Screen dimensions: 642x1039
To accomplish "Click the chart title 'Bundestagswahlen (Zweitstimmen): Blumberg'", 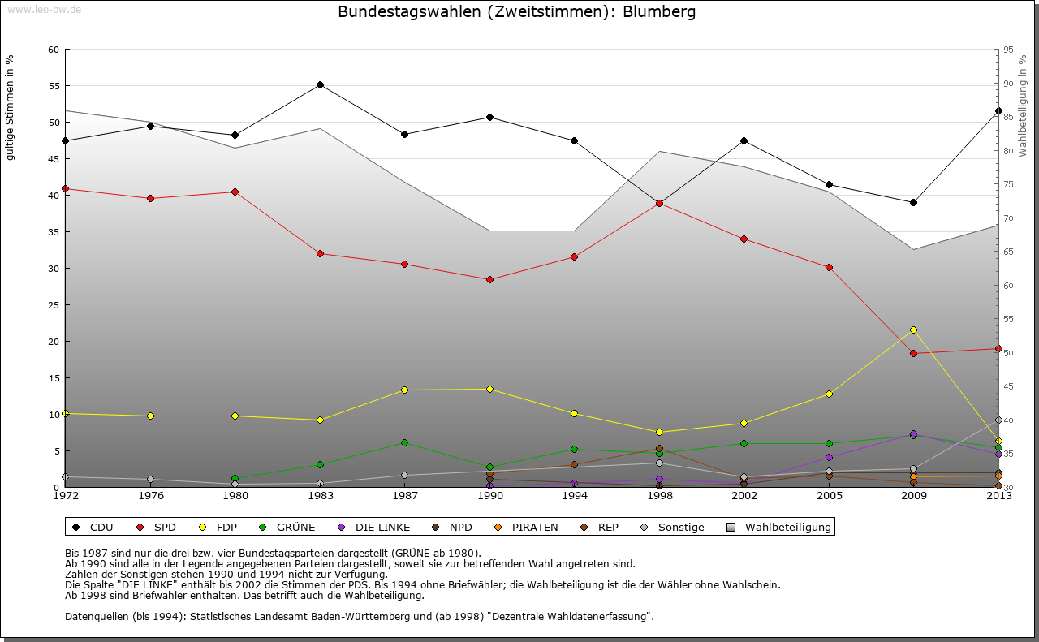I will (x=516, y=12).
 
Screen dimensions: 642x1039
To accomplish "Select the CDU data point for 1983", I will (x=320, y=84).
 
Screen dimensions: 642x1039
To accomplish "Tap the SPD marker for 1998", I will (x=659, y=203).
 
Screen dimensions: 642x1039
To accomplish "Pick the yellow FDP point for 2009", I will (x=913, y=330).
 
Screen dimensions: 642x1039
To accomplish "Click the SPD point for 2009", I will (x=913, y=353).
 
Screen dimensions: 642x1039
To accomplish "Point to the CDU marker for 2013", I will (x=998, y=110).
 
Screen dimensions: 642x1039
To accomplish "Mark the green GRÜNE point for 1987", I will (x=405, y=442).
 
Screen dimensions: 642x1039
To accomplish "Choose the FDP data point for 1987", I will (x=405, y=390).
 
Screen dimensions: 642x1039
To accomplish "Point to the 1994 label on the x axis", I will (x=575, y=495).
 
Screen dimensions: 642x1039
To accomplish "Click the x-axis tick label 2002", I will (x=744, y=495).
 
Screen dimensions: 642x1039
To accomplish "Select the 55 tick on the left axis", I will (x=54, y=85).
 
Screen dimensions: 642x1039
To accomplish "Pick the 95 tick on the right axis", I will (x=1008, y=50).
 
